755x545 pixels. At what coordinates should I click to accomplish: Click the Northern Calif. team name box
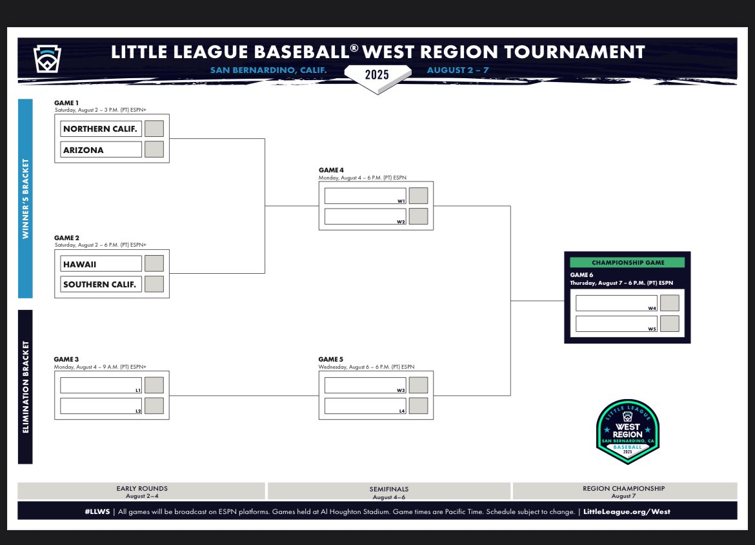pyautogui.click(x=101, y=129)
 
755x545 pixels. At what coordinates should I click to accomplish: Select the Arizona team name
pyautogui.click(x=101, y=150)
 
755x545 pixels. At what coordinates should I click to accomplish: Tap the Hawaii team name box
pyautogui.click(x=101, y=263)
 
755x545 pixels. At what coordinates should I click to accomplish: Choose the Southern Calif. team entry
pyautogui.click(x=101, y=284)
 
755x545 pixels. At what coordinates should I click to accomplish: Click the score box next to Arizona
pyautogui.click(x=154, y=149)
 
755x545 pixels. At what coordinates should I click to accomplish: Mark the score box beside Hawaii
pyautogui.click(x=154, y=263)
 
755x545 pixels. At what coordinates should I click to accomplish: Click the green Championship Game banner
pyautogui.click(x=627, y=262)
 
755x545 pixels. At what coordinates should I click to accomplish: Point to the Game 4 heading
pyautogui.click(x=332, y=170)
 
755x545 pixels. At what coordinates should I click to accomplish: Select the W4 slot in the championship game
pyautogui.click(x=616, y=303)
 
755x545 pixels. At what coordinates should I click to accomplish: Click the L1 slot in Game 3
pyautogui.click(x=101, y=385)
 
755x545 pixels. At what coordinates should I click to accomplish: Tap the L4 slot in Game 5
pyautogui.click(x=365, y=406)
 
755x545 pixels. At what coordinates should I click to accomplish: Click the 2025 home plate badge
pyautogui.click(x=377, y=74)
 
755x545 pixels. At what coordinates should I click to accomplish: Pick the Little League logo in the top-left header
pyautogui.click(x=46, y=59)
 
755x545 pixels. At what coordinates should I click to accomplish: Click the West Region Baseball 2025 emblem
pyautogui.click(x=627, y=431)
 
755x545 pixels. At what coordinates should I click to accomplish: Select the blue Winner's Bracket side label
pyautogui.click(x=25, y=198)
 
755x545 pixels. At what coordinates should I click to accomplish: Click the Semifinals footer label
pyautogui.click(x=388, y=489)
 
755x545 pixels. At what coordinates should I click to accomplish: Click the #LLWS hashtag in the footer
pyautogui.click(x=96, y=511)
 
